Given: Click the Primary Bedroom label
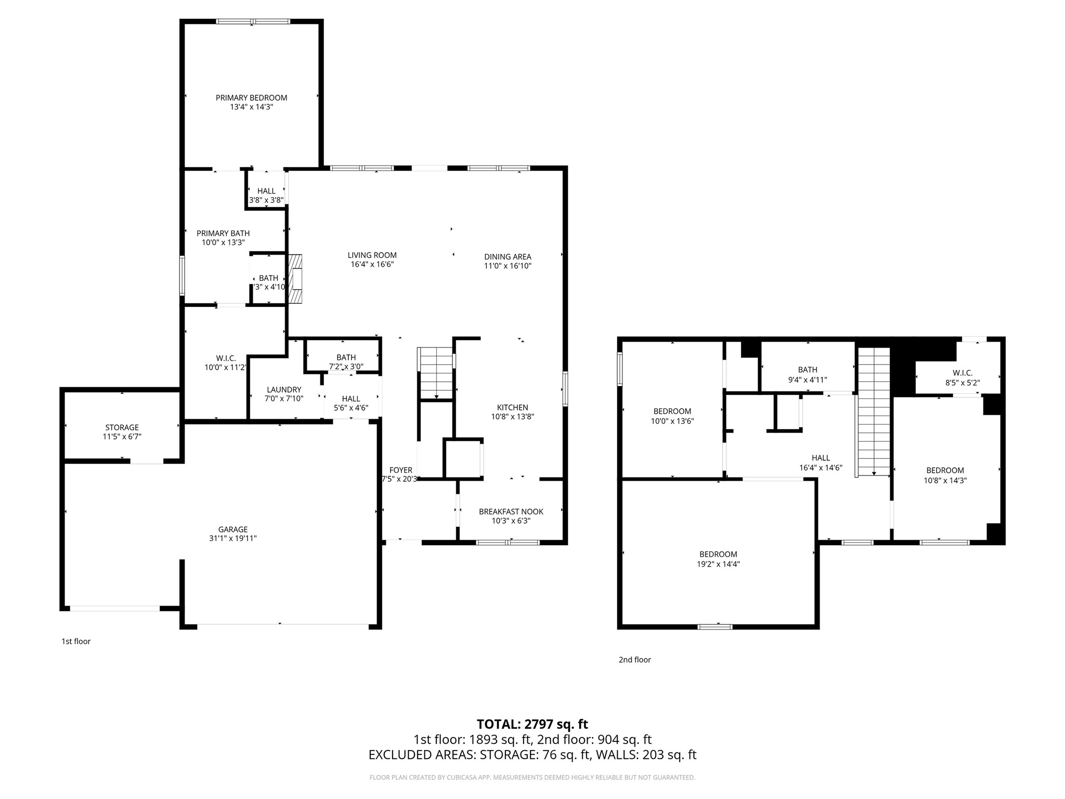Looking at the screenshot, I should point(251,98).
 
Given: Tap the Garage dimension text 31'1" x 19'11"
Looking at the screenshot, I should point(232,539).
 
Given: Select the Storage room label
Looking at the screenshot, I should point(122,428).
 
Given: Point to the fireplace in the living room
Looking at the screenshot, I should point(295,279).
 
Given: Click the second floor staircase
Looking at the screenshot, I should point(874,411).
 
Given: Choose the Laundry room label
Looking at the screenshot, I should point(284,390).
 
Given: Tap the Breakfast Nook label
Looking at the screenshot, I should point(511,512).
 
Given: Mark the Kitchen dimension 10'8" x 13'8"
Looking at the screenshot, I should point(512,417).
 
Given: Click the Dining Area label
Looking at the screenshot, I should point(508,256).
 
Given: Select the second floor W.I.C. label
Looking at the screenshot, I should point(962,373).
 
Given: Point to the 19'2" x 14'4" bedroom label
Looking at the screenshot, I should point(718,555).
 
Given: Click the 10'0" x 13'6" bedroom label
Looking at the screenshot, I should point(672,411).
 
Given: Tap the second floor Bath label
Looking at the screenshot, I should point(807,370).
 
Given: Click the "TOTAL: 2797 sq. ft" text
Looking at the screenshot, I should point(532,724).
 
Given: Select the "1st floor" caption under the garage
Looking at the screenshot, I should point(76,641).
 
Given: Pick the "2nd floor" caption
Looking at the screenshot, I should point(634,660).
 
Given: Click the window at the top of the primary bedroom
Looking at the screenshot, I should point(253,22).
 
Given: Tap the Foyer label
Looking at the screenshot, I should point(400,470).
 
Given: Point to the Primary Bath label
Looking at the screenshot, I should point(223,234).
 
